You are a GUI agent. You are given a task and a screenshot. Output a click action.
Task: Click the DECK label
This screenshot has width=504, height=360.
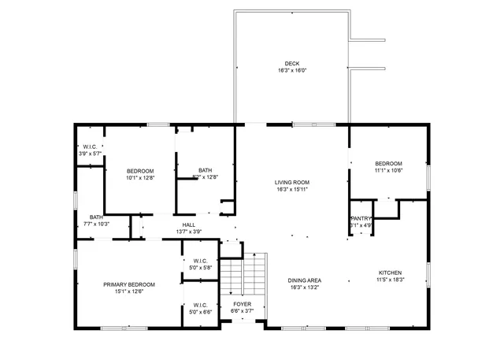click(292, 64)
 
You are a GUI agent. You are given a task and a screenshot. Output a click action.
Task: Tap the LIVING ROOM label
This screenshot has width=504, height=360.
click(292, 182)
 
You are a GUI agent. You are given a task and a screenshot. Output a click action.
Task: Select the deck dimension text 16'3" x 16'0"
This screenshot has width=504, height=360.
click(292, 71)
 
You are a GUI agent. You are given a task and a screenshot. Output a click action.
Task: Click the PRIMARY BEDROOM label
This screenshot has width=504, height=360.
click(128, 284)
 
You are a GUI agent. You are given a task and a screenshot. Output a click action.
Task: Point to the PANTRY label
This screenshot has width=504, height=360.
click(361, 219)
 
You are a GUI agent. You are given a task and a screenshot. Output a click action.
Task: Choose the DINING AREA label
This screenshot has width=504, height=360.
click(303, 280)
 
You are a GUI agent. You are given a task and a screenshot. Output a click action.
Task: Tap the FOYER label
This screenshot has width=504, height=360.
click(242, 303)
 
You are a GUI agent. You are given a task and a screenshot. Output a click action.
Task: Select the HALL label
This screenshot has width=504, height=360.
click(189, 225)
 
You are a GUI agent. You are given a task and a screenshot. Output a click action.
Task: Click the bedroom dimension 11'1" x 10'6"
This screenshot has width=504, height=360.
click(389, 170)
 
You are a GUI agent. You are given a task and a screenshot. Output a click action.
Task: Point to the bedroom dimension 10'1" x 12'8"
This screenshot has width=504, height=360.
click(140, 177)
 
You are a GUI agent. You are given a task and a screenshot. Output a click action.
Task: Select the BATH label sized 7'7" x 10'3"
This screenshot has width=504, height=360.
click(96, 217)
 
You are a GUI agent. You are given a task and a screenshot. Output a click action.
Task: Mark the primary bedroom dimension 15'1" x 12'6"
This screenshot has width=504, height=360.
click(128, 291)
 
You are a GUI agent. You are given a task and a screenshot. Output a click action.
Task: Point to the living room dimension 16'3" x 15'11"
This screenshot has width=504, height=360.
click(292, 189)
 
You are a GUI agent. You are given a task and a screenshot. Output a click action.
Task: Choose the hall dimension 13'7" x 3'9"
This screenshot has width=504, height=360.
click(189, 232)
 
